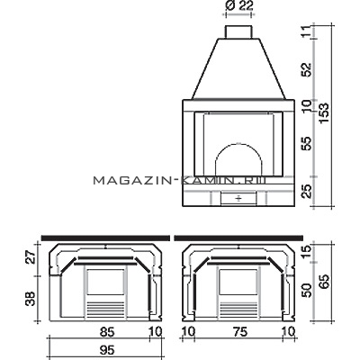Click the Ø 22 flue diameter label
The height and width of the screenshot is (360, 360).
coord(238,6)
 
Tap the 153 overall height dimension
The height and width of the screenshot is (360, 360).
coord(324,113)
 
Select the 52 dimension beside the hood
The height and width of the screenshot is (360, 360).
coord(307,69)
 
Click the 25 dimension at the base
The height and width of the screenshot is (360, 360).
coord(307,191)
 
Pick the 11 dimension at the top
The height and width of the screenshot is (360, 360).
coord(307,31)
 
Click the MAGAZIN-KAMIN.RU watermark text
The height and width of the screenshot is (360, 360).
coord(180,180)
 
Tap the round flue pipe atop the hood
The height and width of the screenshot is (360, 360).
coord(238,31)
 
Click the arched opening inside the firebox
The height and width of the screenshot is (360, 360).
coord(238,144)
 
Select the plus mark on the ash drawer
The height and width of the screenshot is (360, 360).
coord(238,198)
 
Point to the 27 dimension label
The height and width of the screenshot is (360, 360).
coord(31,257)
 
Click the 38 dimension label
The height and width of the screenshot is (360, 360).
coord(31,299)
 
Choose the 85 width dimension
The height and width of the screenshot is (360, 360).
coord(107,332)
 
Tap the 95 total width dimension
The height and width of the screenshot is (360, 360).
coord(106,350)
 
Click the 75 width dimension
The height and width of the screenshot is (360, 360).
coord(240,332)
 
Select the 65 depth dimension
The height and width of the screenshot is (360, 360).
coord(324,282)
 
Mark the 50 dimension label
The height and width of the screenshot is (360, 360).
coord(307,291)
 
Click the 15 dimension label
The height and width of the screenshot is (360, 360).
coord(307,251)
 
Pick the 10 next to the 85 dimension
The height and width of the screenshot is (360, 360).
coord(156,332)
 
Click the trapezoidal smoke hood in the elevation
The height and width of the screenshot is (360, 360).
coord(238,68)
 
